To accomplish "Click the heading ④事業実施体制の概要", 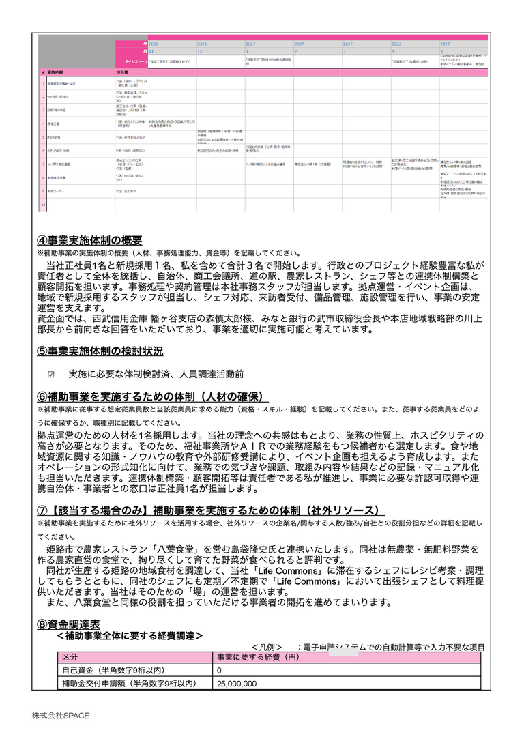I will (x=89, y=240).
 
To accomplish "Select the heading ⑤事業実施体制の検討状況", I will (x=100, y=352).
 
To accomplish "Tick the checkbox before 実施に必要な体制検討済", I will (x=51, y=375).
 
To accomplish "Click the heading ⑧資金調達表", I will (x=68, y=624).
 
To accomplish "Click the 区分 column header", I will (x=70, y=657).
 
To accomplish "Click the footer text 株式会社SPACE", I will (x=60, y=716).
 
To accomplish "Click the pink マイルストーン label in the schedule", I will (x=130, y=61).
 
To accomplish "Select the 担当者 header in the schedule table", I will (x=123, y=72).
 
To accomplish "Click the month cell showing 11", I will (x=151, y=51).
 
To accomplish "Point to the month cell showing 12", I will (x=200, y=51).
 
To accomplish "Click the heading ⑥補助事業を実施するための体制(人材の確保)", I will (x=153, y=396).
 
